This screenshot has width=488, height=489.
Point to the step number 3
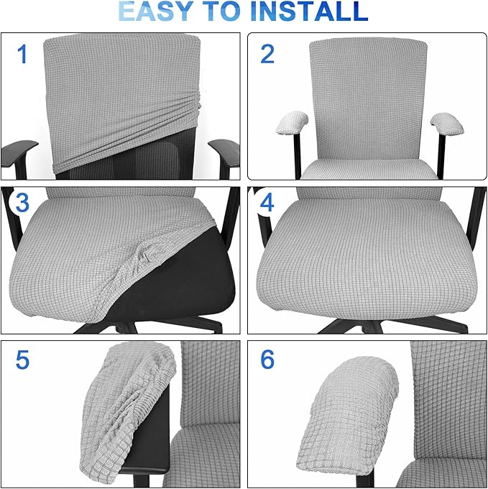(x=22, y=204)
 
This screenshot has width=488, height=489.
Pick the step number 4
(x=267, y=204)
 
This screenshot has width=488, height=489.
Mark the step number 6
(x=267, y=359)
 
